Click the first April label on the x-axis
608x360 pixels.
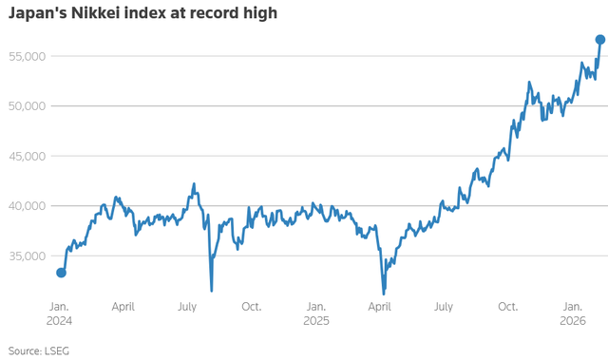[x=123, y=307]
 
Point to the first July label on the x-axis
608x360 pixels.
[x=187, y=307]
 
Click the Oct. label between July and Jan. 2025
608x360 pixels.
[x=252, y=307]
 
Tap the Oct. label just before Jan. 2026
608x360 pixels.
[x=509, y=307]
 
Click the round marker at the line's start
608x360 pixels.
[x=62, y=273]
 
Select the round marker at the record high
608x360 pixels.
[x=600, y=40]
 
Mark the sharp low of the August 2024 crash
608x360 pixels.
[x=211, y=291]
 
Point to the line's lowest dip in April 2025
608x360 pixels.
[x=384, y=294]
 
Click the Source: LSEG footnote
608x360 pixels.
[x=38, y=351]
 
